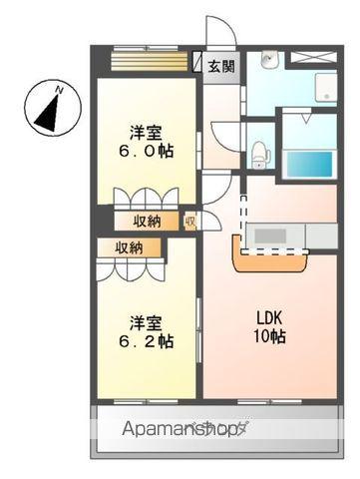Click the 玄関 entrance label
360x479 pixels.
pos(222,67)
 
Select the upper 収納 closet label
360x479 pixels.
pos(146,220)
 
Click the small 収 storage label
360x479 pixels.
pos(188,220)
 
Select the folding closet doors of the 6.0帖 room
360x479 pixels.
pos(147,197)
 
